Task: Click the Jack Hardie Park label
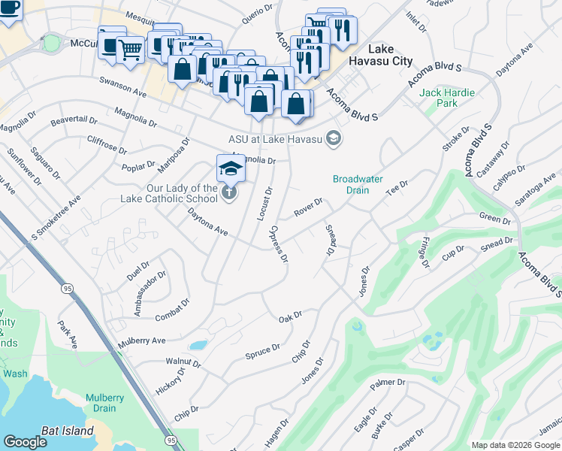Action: coord(447,98)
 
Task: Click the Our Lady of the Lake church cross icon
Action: coord(229,194)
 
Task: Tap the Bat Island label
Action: coord(68,431)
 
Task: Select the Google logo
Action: coord(25,442)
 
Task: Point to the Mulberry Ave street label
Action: coord(141,341)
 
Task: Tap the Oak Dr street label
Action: coord(290,317)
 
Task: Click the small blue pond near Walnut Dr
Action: coord(198,346)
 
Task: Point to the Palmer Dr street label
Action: coord(392,383)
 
